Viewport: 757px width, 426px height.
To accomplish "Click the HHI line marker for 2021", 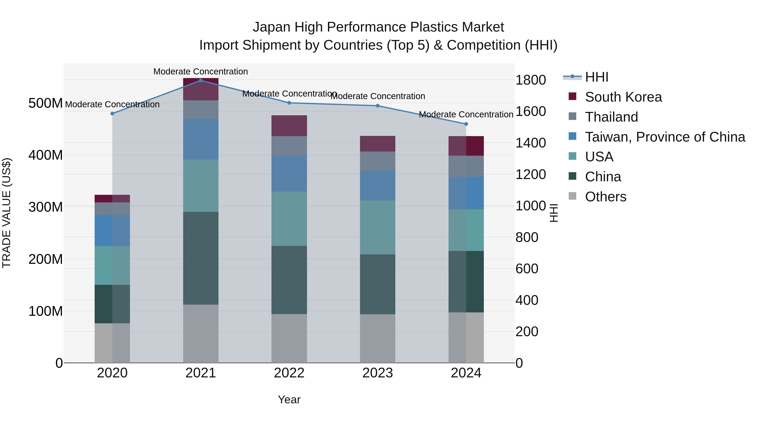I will pos(201,80).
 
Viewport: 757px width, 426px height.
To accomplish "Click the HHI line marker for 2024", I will pos(466,124).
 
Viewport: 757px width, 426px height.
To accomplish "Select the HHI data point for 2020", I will pos(112,113).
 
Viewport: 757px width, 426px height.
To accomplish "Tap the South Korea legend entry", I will pos(623,97).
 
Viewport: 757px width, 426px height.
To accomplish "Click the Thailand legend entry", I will pos(611,117).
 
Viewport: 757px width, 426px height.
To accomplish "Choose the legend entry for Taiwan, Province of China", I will pos(665,137).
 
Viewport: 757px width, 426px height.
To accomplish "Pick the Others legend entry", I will pos(605,197).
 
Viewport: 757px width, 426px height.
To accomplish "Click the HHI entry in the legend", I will pos(597,77).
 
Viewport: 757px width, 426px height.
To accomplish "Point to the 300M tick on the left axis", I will pos(46,207).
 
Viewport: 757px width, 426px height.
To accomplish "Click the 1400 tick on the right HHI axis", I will pos(531,143).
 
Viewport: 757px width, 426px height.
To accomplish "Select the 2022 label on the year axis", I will pos(289,373).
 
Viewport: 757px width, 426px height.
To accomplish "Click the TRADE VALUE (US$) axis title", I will pos(7,213).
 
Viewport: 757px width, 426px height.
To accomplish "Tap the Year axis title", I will pos(289,399).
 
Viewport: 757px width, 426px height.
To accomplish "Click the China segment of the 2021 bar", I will pos(201,258).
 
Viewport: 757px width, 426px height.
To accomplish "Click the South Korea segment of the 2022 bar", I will pos(289,126).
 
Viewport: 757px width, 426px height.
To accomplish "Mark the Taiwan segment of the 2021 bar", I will pos(201,139).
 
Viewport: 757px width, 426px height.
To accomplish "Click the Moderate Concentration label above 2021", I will pos(201,72).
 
